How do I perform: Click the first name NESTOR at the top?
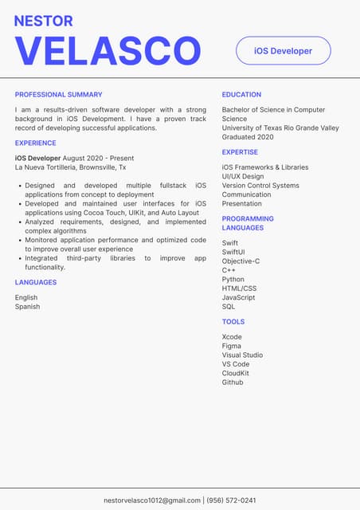point(44,22)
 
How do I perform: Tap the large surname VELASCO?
point(108,51)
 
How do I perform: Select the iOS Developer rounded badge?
point(283,51)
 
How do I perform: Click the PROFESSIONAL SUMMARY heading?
point(58,95)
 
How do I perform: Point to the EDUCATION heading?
point(241,95)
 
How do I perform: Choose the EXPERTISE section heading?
point(240,152)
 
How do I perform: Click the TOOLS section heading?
point(233,322)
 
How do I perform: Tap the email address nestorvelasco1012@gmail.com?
point(152,500)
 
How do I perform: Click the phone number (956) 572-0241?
point(231,500)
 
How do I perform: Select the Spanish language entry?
point(27,307)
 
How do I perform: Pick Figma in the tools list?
point(231,346)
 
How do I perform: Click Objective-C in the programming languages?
point(241,261)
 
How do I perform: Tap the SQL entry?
point(229,307)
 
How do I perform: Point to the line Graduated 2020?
point(248,137)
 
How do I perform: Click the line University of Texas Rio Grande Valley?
point(280,127)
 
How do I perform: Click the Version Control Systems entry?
point(260,186)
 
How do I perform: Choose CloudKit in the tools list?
point(236,373)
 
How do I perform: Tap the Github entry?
point(233,382)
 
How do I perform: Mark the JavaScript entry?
point(239,297)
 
